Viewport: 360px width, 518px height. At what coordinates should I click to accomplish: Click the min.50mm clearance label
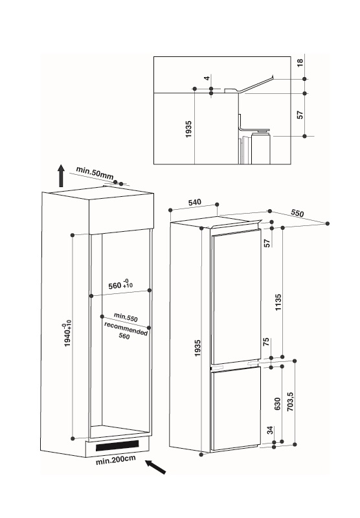click(95, 174)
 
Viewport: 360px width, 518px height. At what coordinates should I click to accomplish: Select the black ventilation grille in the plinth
click(117, 446)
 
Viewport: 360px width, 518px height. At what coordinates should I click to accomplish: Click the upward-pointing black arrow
click(61, 175)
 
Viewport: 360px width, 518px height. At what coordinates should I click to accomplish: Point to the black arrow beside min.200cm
click(155, 467)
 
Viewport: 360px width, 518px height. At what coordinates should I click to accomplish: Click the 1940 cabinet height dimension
click(67, 335)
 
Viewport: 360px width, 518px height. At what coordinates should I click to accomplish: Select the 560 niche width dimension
click(120, 284)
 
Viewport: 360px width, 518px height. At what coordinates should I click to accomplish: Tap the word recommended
click(126, 329)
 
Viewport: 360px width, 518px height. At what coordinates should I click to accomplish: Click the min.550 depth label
click(126, 317)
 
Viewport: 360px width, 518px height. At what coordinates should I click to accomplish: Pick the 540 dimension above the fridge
click(194, 202)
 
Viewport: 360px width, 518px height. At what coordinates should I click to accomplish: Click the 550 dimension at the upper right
click(297, 213)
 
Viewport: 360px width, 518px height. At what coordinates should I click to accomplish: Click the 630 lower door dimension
click(277, 403)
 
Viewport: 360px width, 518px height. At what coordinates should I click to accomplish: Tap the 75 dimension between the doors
click(266, 343)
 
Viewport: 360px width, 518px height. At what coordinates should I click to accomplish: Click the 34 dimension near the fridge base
click(270, 431)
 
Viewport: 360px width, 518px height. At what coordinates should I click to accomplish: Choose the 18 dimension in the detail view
click(300, 63)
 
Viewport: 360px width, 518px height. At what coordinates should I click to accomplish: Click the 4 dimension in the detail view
click(207, 78)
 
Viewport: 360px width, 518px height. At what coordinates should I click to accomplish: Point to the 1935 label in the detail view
click(188, 129)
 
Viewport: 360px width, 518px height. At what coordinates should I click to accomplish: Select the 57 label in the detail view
click(300, 115)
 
